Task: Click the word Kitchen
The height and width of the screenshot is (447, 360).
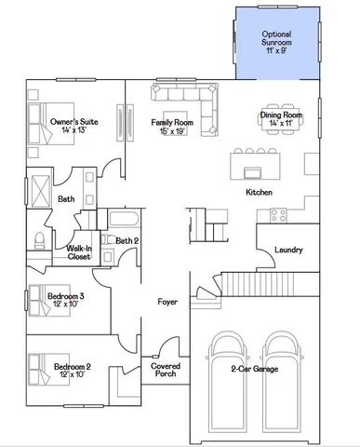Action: [x=259, y=192]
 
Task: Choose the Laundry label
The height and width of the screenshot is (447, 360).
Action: [x=287, y=249]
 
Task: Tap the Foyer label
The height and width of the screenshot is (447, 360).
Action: [x=167, y=302]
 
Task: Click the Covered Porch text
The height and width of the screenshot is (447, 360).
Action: [x=166, y=372]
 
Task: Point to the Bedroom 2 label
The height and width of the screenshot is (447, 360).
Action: [x=72, y=371]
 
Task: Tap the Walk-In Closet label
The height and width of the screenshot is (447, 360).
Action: [x=79, y=252]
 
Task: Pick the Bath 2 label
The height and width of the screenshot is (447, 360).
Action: [x=127, y=240]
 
